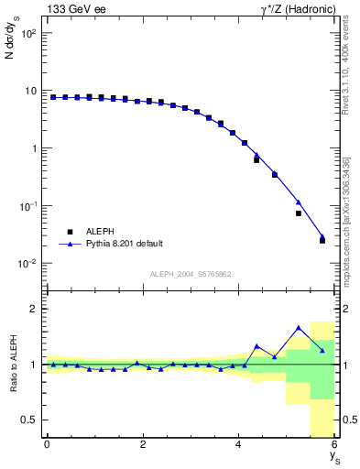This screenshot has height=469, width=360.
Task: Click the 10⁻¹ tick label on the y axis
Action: coord(27,206)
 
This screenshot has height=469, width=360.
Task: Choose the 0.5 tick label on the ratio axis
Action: coord(28,420)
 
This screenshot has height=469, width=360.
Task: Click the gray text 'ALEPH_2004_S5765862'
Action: coord(191,274)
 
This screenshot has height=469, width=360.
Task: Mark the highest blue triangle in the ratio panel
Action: coord(299,328)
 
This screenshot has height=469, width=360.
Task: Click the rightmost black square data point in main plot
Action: coord(322,240)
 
